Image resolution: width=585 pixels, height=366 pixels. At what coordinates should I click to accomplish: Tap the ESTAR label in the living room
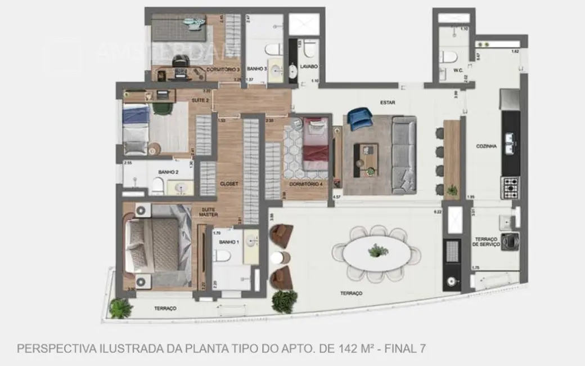click(x=388, y=102)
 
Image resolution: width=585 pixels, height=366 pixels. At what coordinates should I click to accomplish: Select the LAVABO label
click(x=309, y=66)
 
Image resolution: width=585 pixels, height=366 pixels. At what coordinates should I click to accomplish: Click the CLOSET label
click(x=229, y=184)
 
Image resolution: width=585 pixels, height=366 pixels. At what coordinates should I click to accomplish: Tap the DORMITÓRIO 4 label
click(x=306, y=184)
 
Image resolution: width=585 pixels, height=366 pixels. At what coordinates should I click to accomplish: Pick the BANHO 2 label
click(x=168, y=172)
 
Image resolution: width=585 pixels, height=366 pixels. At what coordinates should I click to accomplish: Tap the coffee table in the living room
click(x=366, y=155)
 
